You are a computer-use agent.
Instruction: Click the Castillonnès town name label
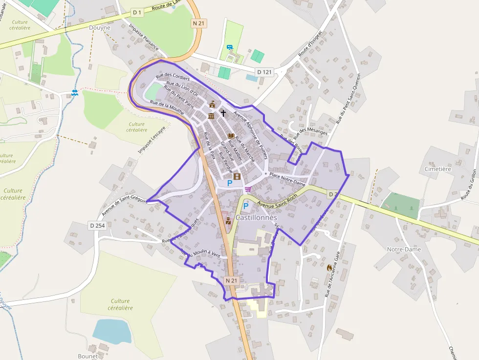click(256, 217)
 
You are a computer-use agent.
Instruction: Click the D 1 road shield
click(137, 12)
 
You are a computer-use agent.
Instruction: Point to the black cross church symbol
click(223, 113)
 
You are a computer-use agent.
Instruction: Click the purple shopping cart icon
click(248, 189)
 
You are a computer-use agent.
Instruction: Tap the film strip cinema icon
click(237, 176)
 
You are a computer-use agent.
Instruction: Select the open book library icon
click(231, 136)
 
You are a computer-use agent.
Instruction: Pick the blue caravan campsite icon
click(229, 47)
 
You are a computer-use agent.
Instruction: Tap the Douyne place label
click(100, 28)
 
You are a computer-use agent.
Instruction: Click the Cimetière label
click(437, 169)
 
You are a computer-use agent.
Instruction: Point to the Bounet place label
click(88, 356)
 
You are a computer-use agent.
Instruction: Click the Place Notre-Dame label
click(287, 179)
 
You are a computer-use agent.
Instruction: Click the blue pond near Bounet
click(112, 331)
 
